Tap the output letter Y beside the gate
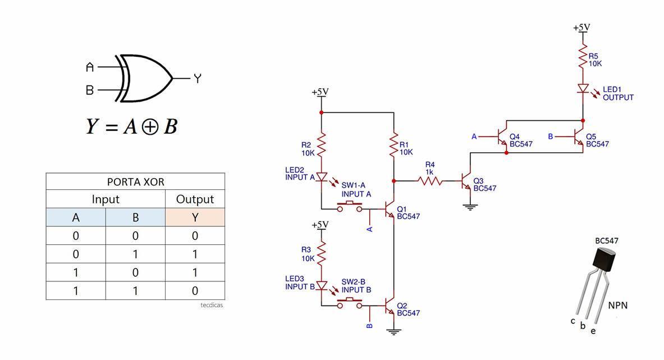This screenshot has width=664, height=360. [198, 79]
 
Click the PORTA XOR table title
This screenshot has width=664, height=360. [135, 182]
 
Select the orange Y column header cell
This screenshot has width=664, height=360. [195, 217]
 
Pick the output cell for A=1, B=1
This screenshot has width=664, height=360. [195, 290]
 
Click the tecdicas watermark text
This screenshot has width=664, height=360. [212, 305]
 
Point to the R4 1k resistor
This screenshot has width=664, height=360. [430, 181]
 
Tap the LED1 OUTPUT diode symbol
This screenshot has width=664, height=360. [583, 89]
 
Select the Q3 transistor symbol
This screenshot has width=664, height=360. [466, 181]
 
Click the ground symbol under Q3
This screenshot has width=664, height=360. [470, 207]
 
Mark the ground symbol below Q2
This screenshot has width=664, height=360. [394, 332]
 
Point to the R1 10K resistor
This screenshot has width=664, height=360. [394, 144]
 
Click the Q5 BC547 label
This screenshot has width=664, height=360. [598, 140]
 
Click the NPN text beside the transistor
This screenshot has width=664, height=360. [618, 306]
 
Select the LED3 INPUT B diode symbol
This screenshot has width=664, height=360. [322, 286]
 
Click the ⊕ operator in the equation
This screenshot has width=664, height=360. [150, 127]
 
